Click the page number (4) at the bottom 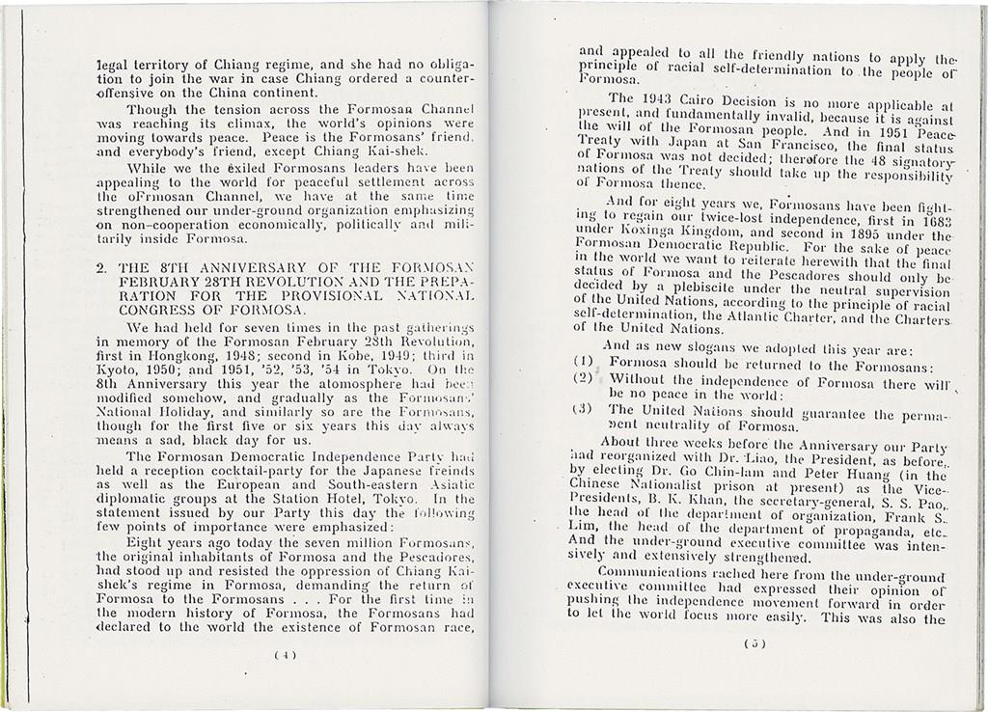tap(285, 654)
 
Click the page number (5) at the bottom tap(756, 644)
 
